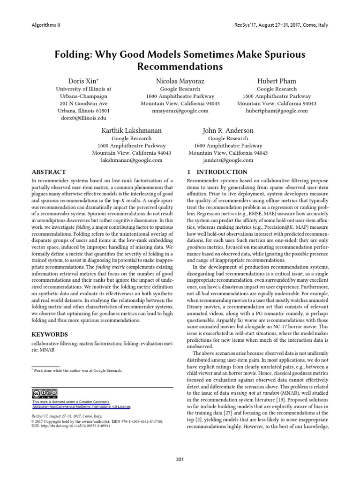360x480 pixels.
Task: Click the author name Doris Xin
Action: point(83,81)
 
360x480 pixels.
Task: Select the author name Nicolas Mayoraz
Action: point(180,81)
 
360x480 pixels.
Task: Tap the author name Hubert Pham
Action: point(277,81)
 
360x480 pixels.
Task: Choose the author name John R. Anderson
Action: point(228,130)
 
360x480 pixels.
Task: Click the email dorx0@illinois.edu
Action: point(83,118)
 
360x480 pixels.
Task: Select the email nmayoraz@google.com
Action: point(180,111)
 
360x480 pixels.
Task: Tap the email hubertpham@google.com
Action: point(277,111)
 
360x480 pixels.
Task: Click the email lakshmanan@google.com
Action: point(131,160)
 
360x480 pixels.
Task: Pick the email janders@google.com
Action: point(228,160)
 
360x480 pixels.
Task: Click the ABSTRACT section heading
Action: point(48,172)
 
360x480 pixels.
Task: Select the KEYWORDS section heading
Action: point(50,335)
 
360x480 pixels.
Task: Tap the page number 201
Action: point(180,458)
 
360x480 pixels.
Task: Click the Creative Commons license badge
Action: point(45,393)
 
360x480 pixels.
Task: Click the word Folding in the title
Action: point(74,55)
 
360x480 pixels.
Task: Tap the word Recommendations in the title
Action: point(180,67)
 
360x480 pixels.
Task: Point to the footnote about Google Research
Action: point(77,370)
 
